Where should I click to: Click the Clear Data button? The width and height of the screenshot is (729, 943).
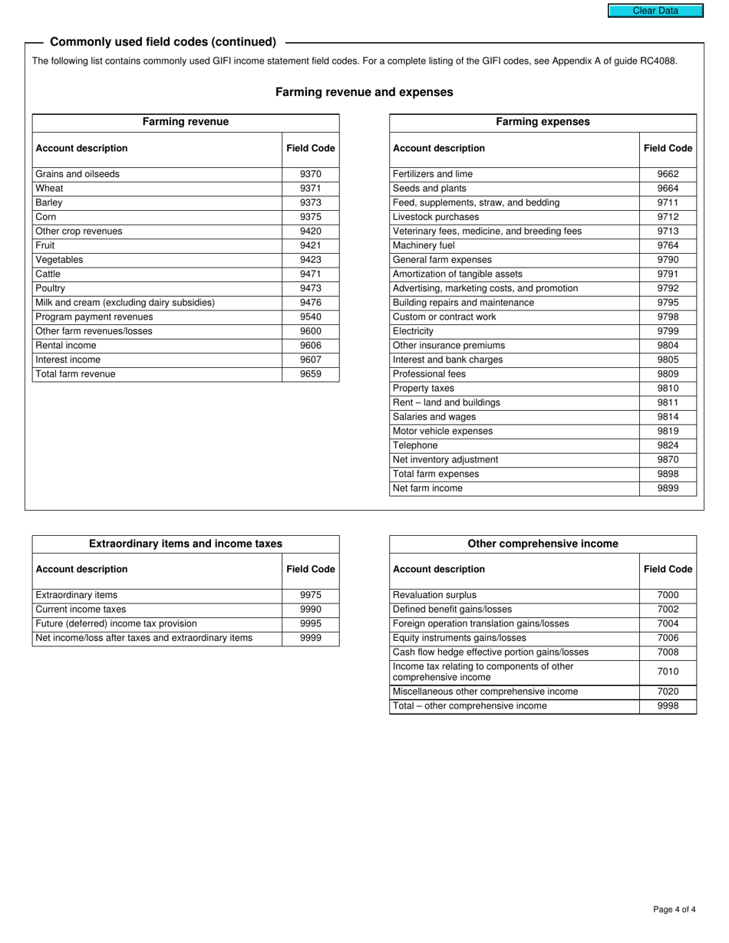tap(655, 11)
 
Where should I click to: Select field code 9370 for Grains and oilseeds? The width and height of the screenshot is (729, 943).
tap(310, 174)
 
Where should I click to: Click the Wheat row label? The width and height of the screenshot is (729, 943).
tap(50, 189)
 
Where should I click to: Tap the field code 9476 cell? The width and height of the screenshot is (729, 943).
tap(310, 303)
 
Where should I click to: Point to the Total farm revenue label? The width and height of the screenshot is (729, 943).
tap(75, 374)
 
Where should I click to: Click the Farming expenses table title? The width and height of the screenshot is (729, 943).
tap(543, 122)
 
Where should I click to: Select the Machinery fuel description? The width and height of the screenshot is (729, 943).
tap(424, 245)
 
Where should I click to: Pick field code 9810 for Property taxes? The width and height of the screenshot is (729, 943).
tap(668, 389)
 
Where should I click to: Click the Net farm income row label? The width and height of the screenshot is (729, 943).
tap(427, 488)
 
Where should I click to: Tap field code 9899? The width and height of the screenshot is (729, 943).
tap(668, 488)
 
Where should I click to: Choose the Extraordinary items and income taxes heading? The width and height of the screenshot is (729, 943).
tap(186, 544)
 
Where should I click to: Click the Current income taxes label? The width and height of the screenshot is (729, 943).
tap(81, 609)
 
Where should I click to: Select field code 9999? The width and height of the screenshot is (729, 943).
tap(310, 638)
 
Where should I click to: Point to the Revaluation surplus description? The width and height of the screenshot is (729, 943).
tap(434, 595)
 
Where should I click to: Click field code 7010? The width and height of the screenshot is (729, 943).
tap(668, 672)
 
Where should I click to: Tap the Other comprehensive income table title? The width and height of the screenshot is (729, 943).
tap(543, 544)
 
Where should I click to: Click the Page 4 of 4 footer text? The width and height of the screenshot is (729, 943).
tap(675, 910)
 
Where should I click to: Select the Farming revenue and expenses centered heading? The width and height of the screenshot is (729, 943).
tap(364, 92)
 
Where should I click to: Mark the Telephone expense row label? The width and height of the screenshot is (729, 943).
tap(415, 445)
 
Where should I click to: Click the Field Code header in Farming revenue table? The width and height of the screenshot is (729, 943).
tap(310, 148)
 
